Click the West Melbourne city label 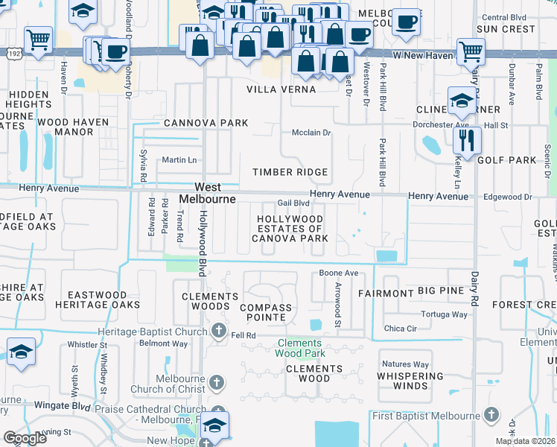208,193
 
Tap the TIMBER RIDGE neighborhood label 290,172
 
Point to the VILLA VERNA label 281,89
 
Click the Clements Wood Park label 301,348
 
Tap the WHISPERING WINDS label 415,381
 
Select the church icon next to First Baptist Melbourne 490,415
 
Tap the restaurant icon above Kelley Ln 467,140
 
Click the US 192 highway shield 13,54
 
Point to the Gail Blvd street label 293,203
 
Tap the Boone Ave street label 339,273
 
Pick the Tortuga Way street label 445,314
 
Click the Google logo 25,437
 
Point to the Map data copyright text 525,441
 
